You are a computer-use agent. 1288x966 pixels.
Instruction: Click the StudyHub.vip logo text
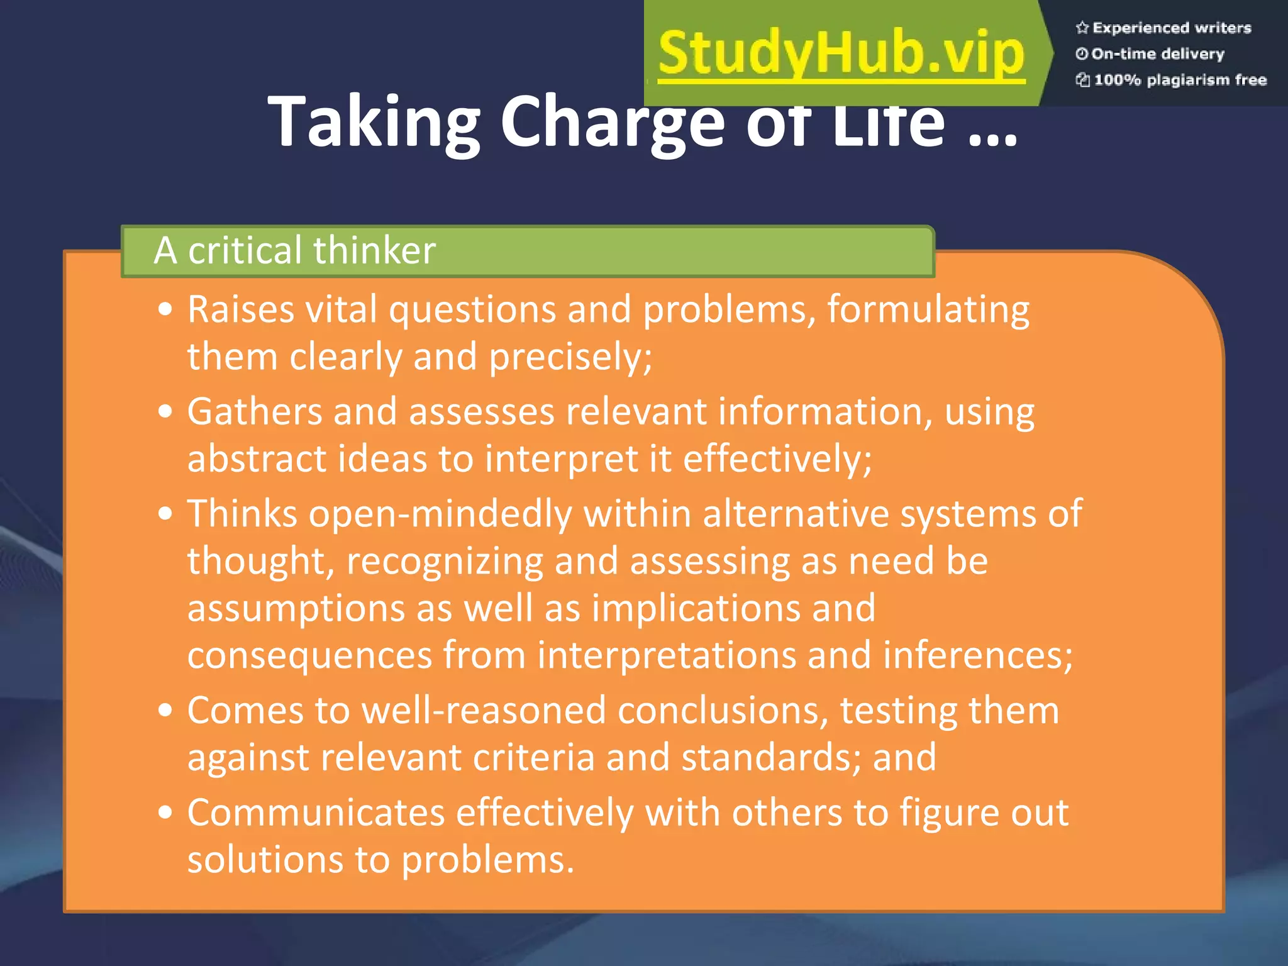click(841, 53)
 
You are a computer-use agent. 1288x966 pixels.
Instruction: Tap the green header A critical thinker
click(294, 250)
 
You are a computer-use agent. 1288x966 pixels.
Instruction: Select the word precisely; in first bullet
click(571, 357)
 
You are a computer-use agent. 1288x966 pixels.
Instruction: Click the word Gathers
click(254, 412)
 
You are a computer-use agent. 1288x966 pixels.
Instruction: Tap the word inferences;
click(977, 655)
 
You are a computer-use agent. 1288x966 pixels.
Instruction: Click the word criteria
click(533, 757)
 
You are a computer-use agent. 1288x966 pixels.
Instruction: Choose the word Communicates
click(316, 813)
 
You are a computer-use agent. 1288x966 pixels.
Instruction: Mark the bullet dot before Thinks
click(165, 514)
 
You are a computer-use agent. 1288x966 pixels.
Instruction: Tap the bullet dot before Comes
click(165, 710)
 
